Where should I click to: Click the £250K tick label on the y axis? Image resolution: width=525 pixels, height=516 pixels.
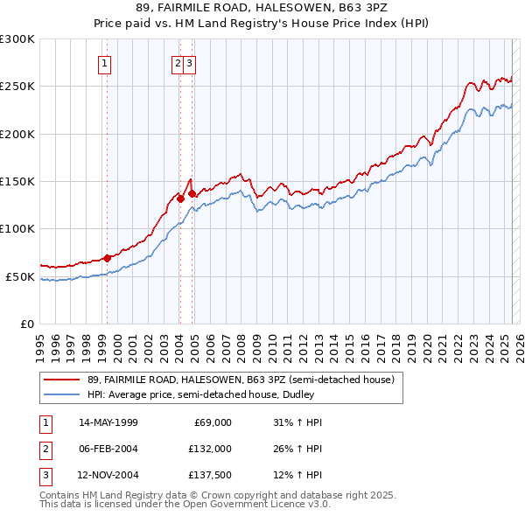point(17,87)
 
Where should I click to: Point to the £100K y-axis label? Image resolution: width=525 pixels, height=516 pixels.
point(17,229)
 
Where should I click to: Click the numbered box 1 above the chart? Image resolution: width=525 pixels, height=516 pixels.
point(105,62)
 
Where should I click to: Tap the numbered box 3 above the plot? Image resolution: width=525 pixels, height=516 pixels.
point(189,62)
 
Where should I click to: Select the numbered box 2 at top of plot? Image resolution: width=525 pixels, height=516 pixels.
point(178,62)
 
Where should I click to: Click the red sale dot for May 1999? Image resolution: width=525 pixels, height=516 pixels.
point(107,258)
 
